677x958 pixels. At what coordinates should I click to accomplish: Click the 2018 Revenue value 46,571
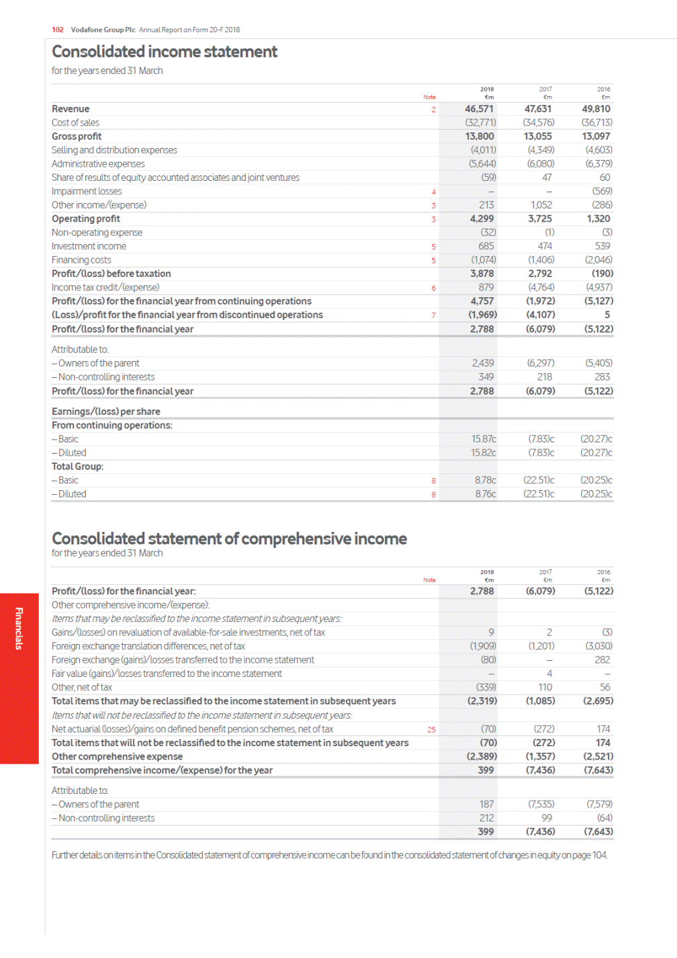479,109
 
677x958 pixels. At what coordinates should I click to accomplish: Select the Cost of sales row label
75,123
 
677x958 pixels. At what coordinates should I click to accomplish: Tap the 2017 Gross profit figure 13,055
537,136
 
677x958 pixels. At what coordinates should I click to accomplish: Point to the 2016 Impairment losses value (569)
602,192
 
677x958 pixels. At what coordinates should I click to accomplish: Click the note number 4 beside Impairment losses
433,192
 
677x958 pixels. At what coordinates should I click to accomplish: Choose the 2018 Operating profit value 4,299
482,219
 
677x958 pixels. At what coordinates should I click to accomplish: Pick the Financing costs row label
81,260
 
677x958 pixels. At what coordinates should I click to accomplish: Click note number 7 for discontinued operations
433,315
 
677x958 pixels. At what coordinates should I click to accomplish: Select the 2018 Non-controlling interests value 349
486,377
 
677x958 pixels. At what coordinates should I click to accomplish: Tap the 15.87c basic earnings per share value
483,439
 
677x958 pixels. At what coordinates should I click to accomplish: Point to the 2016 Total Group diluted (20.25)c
596,494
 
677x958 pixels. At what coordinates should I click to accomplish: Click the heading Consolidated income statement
164,52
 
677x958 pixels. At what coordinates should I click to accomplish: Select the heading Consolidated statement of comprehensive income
229,538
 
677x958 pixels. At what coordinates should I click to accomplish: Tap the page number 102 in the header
58,30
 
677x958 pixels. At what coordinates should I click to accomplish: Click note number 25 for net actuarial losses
431,729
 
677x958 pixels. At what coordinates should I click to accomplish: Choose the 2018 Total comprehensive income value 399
486,770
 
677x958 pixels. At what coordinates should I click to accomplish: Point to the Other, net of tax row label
82,688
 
